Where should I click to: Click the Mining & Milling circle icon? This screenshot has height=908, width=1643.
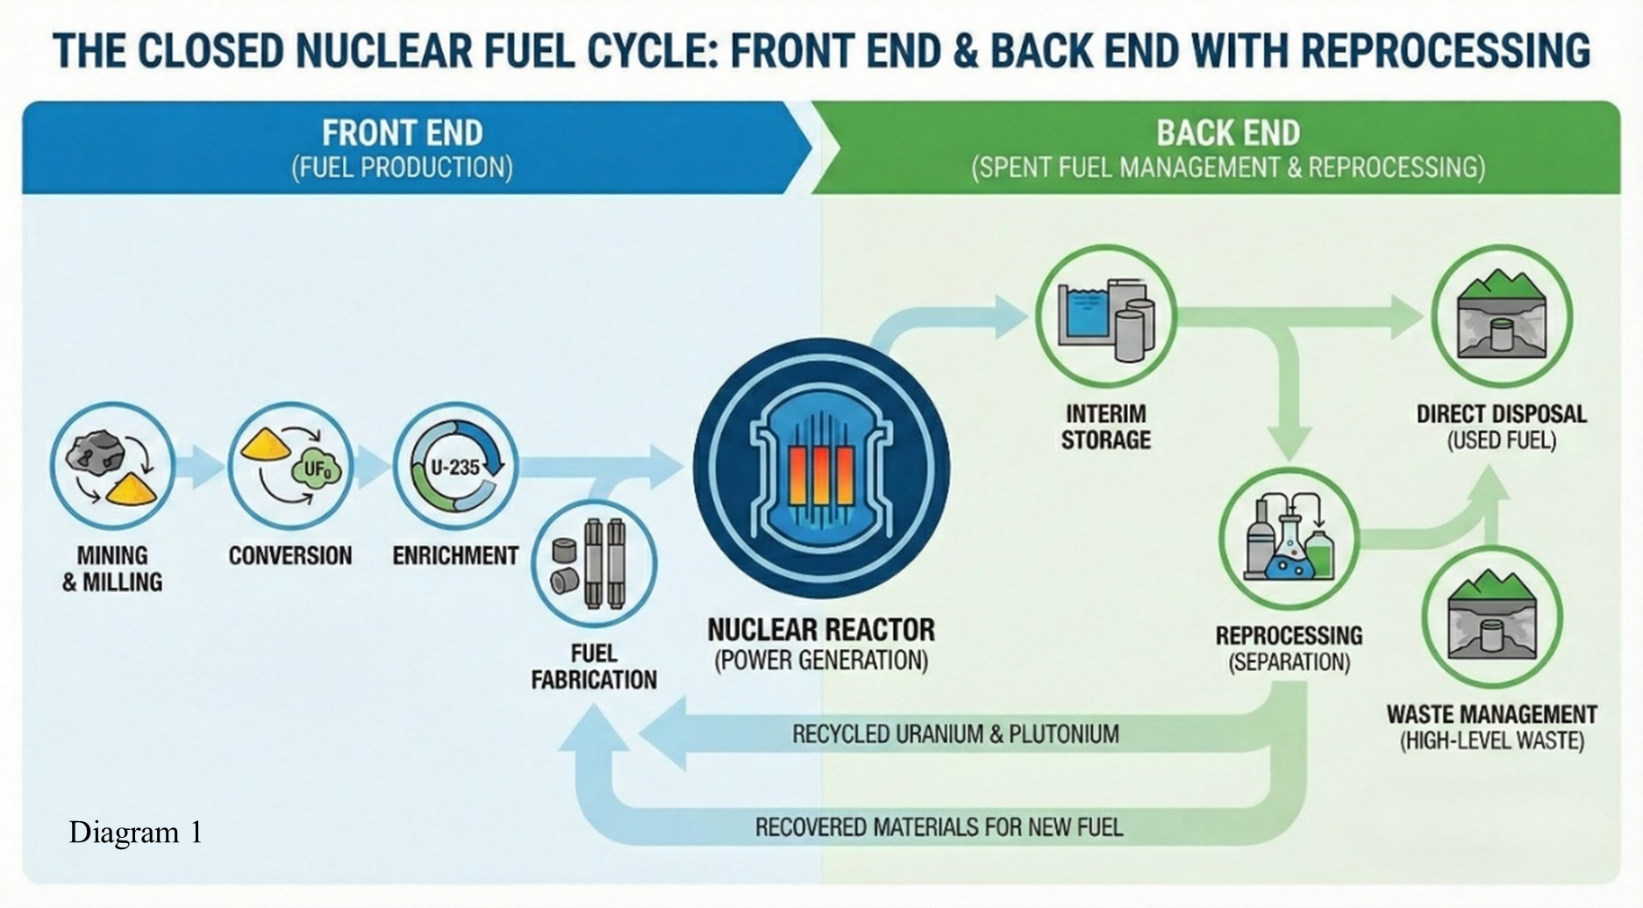click(x=112, y=466)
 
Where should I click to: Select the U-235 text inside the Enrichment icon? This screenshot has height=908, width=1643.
click(x=455, y=467)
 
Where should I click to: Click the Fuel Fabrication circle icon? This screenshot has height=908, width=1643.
click(x=594, y=563)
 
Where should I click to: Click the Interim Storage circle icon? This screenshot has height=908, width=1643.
click(x=1105, y=317)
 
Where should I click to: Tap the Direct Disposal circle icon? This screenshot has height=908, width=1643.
click(x=1501, y=317)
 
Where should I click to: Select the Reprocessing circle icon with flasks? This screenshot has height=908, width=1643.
click(x=1289, y=539)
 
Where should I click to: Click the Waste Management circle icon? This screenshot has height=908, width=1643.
click(x=1491, y=617)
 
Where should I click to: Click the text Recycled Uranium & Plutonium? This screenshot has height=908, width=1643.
click(x=955, y=734)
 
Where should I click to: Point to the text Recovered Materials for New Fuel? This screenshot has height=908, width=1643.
click(x=939, y=827)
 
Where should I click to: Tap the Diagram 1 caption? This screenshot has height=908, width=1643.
click(x=136, y=832)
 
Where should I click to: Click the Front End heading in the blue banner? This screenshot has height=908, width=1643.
click(x=402, y=133)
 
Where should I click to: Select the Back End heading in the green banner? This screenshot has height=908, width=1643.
click(x=1227, y=133)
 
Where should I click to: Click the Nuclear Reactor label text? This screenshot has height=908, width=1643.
click(x=821, y=630)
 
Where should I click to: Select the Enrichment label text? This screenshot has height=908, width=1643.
click(x=455, y=556)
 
